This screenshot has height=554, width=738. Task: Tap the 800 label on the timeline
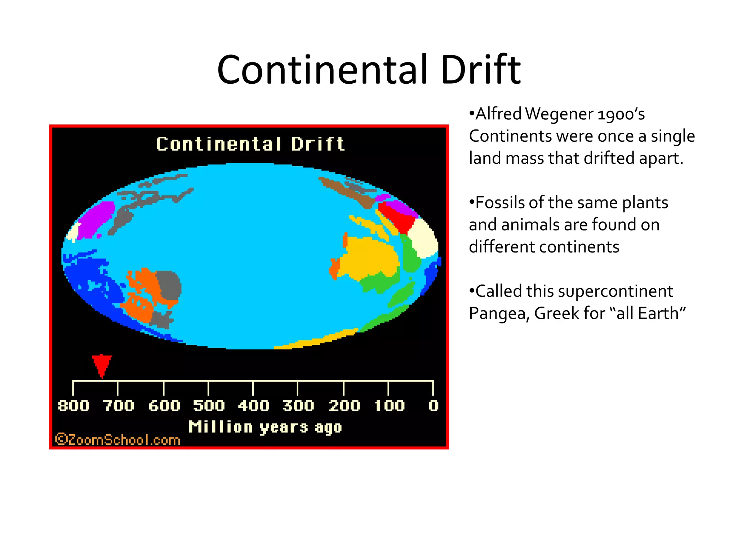[74, 406]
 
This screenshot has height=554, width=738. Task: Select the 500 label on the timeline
[209, 406]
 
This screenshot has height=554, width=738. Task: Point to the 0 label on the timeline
[434, 406]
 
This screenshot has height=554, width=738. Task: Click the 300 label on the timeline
[298, 406]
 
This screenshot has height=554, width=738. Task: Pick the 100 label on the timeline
[390, 406]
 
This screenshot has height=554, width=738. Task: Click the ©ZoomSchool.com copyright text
[117, 440]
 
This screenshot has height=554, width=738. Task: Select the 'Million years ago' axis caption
[265, 427]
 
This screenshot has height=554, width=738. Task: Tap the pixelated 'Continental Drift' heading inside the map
[250, 144]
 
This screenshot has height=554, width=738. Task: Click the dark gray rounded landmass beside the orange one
[169, 285]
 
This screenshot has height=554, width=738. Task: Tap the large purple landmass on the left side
[94, 220]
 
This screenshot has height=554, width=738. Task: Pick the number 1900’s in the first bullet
[621, 114]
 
